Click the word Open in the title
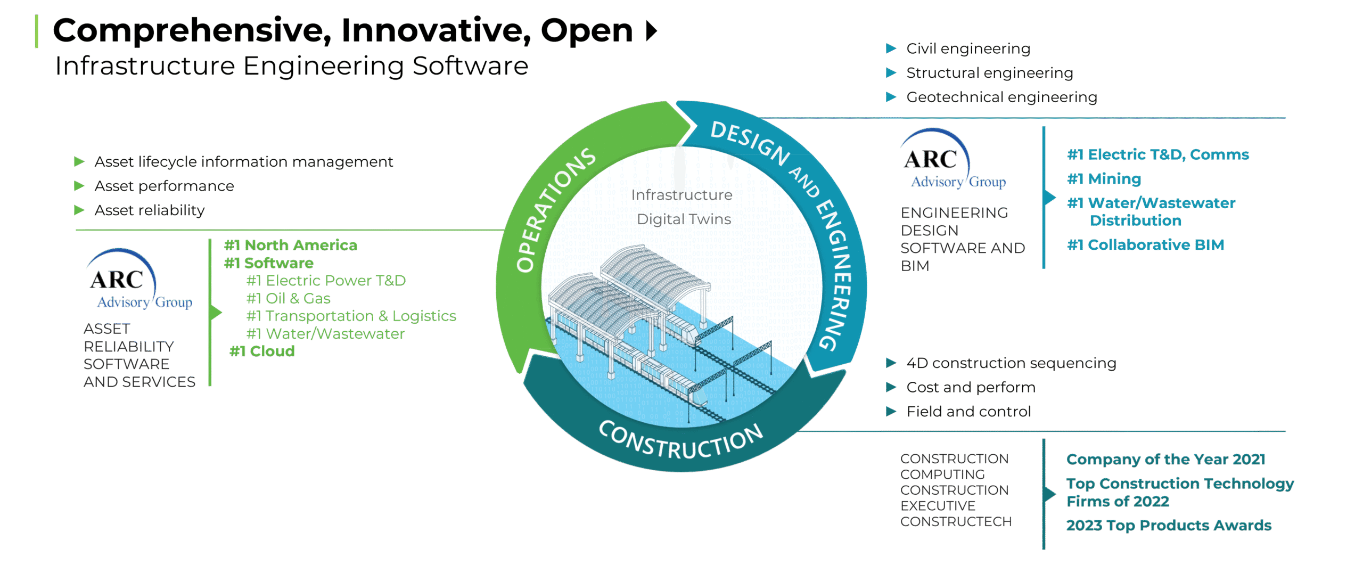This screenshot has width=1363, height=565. click(x=587, y=31)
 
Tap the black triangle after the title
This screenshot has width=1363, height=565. click(x=652, y=30)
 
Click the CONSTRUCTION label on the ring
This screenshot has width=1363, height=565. click(x=681, y=440)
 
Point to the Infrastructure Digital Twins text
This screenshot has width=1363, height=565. click(x=682, y=207)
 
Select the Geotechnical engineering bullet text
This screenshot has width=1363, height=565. click(x=1001, y=97)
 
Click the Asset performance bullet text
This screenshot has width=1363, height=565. click(x=164, y=186)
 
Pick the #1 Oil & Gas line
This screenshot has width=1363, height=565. click(x=288, y=298)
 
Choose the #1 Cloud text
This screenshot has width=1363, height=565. click(x=262, y=351)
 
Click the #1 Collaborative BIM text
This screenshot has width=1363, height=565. click(x=1145, y=245)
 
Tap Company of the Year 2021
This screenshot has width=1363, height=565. click(x=1165, y=459)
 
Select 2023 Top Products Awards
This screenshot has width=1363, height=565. click(x=1169, y=526)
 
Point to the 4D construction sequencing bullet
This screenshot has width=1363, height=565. click(x=1011, y=363)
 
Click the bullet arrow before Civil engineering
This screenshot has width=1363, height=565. click(x=891, y=48)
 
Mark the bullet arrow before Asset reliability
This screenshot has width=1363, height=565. click(x=79, y=210)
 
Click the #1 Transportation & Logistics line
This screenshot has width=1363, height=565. click(x=351, y=316)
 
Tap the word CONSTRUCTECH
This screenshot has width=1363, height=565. click(x=956, y=522)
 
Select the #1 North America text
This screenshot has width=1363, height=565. click(x=290, y=245)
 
